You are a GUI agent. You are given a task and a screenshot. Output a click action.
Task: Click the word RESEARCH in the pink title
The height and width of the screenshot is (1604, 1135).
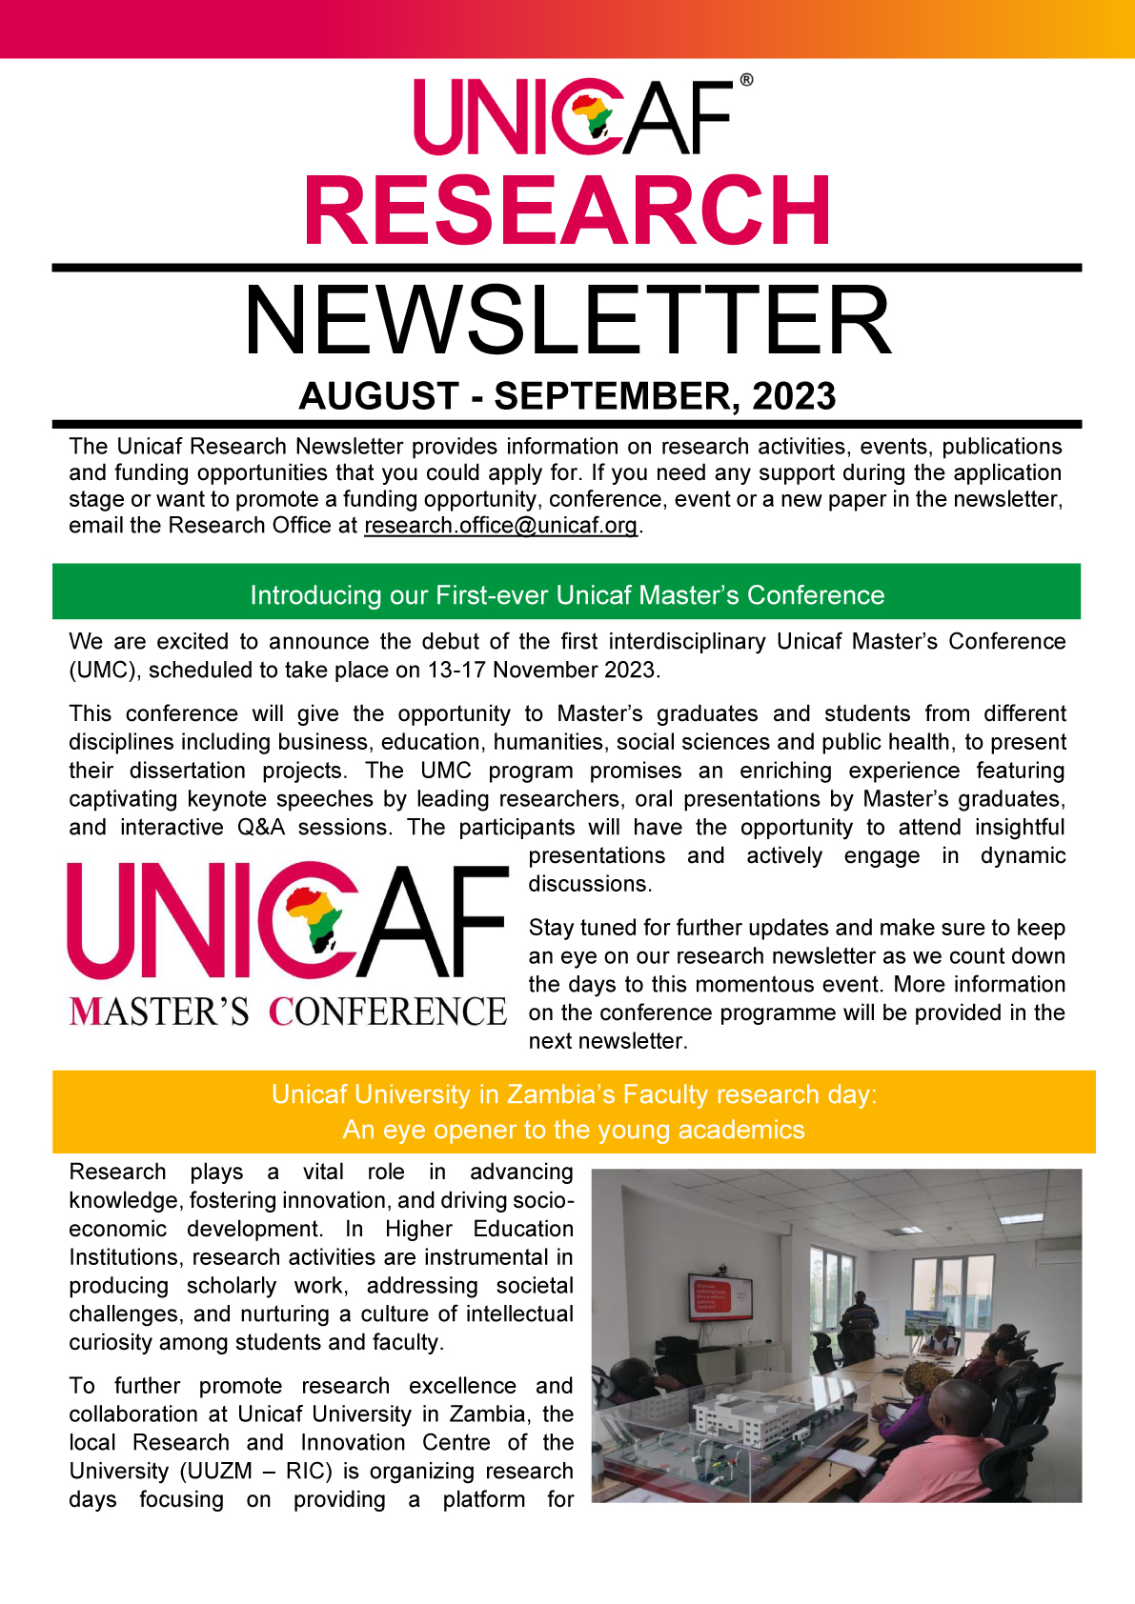tap(568, 211)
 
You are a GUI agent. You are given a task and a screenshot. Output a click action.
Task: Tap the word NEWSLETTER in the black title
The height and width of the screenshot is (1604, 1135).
tap(568, 321)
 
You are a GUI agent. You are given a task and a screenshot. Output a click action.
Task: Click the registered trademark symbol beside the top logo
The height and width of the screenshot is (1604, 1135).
tap(746, 81)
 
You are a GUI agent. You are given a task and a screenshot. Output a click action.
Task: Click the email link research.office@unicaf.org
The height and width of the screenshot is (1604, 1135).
tap(500, 526)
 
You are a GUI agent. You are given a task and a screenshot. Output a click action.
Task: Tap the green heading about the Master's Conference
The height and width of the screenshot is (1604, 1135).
tap(567, 595)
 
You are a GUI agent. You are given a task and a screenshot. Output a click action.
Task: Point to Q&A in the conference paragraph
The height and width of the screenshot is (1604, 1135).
tap(261, 828)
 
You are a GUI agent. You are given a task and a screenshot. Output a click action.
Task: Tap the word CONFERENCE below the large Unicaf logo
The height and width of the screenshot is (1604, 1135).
tap(388, 1013)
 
